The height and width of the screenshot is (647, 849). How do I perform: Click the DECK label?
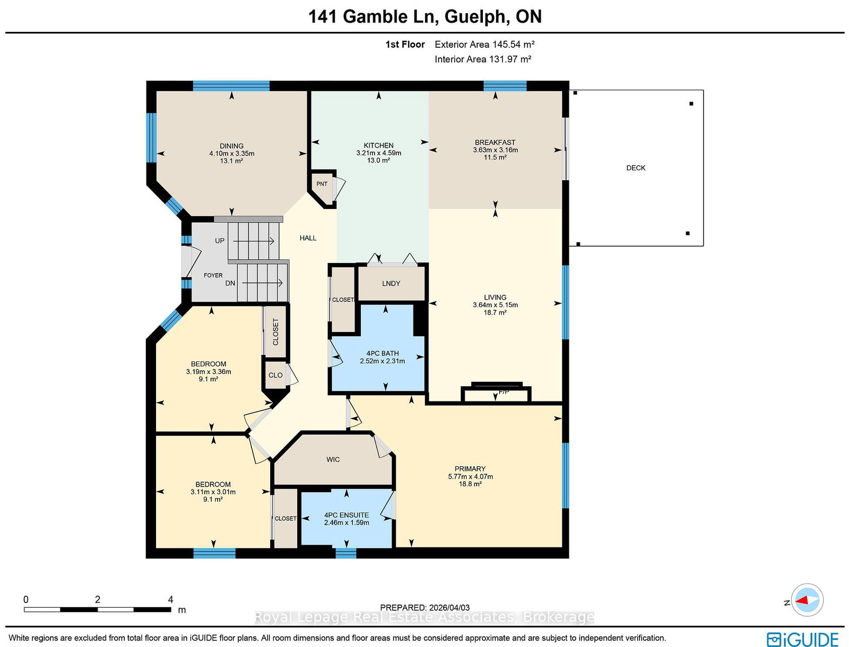(636, 168)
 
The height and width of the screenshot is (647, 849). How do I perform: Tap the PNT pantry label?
(322, 184)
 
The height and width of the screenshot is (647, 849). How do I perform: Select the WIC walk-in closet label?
(333, 459)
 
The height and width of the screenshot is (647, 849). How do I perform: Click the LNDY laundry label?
(391, 283)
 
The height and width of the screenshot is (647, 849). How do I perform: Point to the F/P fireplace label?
(504, 392)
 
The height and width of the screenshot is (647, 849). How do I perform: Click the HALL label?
(308, 238)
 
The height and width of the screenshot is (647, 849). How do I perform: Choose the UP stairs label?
(220, 241)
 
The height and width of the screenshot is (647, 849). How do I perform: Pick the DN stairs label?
(230, 283)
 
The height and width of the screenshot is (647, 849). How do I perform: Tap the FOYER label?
(213, 275)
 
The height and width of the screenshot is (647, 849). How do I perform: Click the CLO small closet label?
(275, 375)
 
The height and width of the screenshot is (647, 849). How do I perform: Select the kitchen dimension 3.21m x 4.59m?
(378, 153)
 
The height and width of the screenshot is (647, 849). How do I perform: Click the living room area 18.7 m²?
(495, 312)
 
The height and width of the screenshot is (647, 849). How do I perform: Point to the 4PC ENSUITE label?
(346, 515)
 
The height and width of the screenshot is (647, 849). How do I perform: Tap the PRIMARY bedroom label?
(470, 468)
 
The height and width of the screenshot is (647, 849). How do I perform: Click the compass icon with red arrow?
(807, 600)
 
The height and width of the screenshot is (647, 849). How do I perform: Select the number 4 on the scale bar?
(170, 599)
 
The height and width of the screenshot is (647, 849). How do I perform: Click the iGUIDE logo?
(803, 639)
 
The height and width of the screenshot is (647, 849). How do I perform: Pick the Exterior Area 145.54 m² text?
(484, 45)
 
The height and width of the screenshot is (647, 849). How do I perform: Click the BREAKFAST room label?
(495, 142)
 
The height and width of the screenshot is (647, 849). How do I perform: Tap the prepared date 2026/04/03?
(449, 608)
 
